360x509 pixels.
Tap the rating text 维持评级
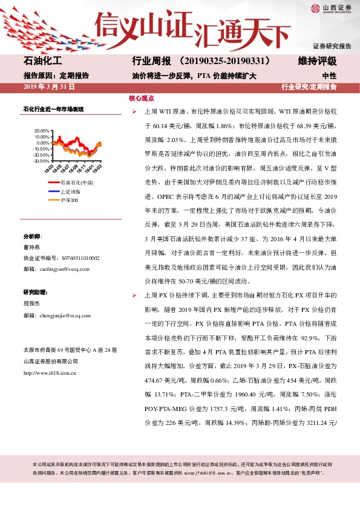click(x=317, y=62)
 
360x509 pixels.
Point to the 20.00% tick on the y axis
click(x=42, y=131)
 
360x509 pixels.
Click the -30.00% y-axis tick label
click(x=41, y=161)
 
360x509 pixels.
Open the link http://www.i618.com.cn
click(x=49, y=372)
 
